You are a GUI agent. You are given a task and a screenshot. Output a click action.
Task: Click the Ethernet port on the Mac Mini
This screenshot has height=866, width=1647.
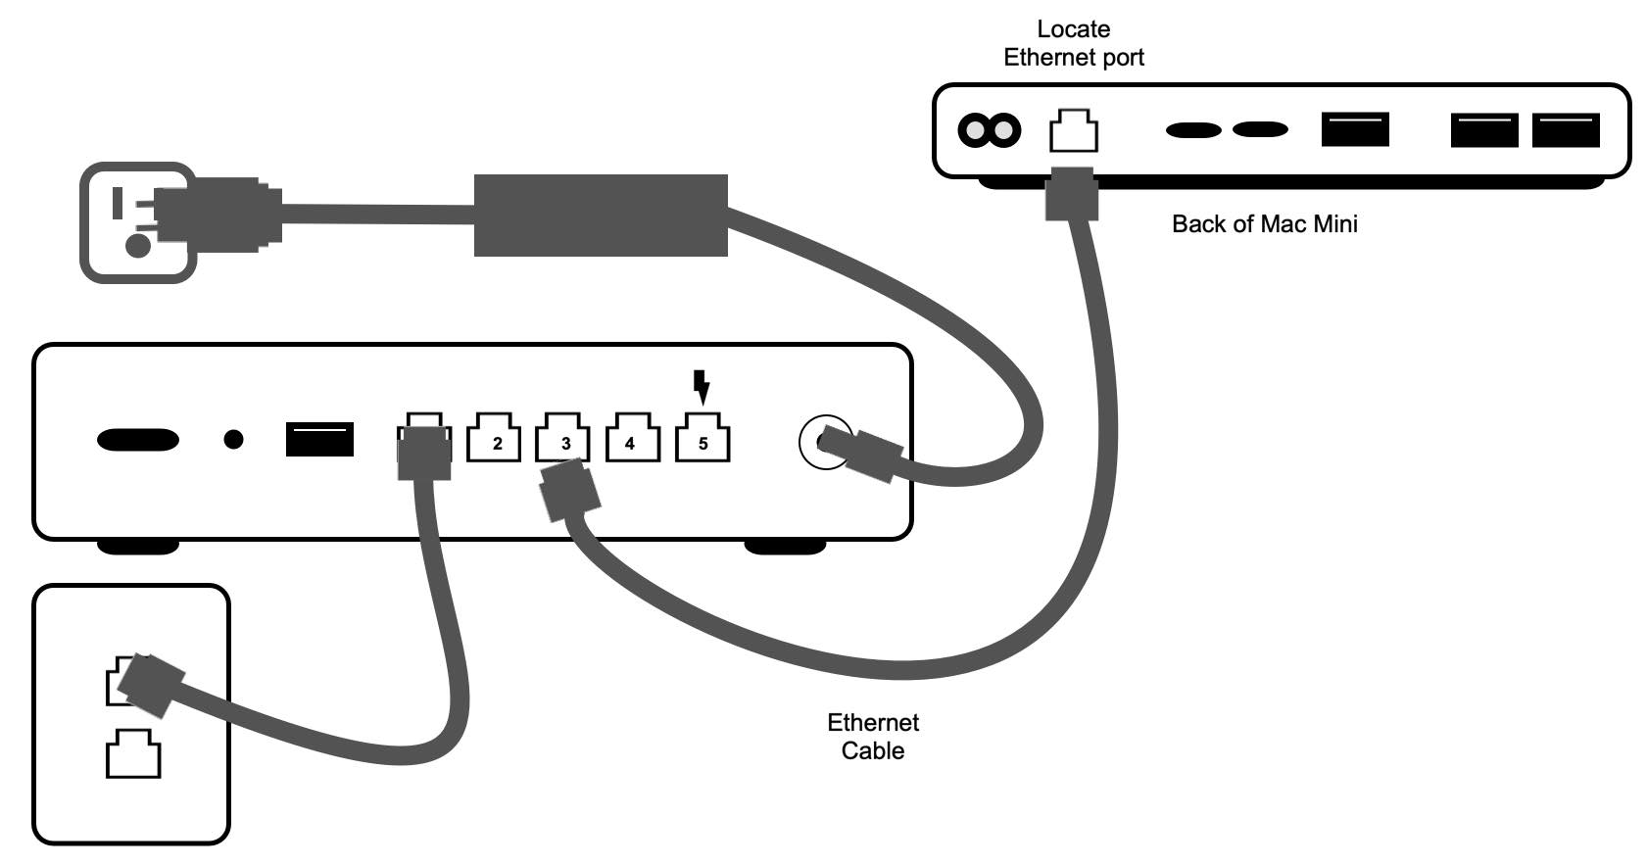tap(1073, 131)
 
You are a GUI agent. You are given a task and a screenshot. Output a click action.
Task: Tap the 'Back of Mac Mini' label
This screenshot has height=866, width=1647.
tap(1264, 224)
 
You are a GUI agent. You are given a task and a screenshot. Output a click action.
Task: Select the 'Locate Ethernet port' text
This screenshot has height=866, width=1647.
tap(1073, 44)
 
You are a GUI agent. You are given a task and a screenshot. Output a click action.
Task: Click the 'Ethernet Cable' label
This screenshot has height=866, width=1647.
tap(872, 737)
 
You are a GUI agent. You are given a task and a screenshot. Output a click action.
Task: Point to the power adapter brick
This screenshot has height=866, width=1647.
tap(601, 216)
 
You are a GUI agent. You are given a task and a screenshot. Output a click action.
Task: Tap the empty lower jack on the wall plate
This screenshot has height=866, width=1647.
tap(133, 753)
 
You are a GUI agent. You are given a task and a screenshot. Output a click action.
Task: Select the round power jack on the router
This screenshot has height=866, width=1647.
tap(823, 442)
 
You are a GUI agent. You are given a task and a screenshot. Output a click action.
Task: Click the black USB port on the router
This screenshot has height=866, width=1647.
tap(319, 439)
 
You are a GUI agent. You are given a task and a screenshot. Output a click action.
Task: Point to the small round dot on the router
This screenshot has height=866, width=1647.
tap(233, 440)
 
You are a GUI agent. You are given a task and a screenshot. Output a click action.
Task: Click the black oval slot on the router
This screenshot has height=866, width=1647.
tap(138, 440)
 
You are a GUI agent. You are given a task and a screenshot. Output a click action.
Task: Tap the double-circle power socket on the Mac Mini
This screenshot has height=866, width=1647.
tap(989, 129)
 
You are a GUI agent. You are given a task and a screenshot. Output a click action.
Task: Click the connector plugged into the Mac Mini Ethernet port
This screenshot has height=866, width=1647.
tap(1070, 194)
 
